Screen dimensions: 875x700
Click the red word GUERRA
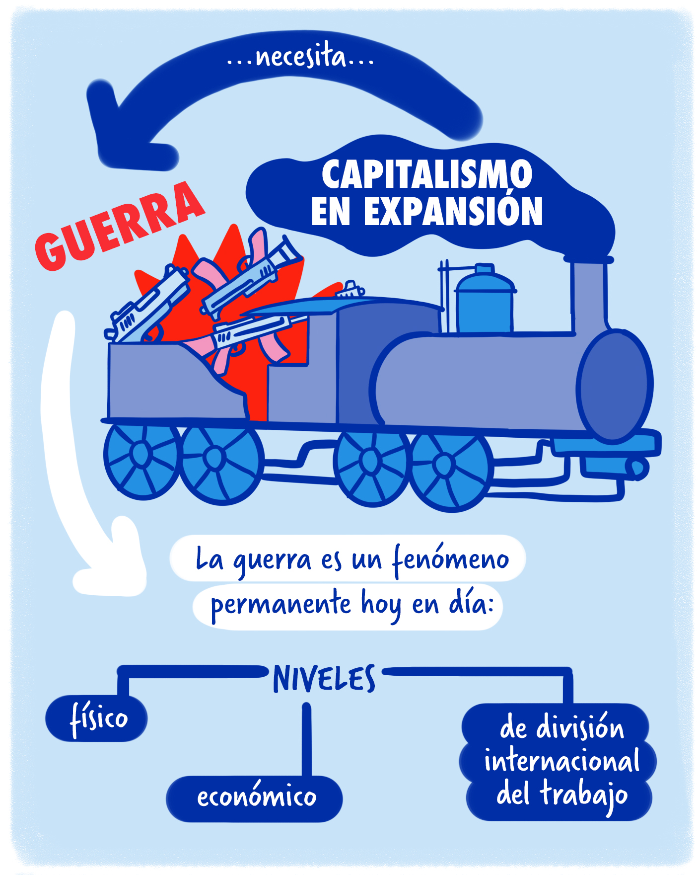(119, 226)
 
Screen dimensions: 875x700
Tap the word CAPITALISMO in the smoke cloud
(427, 174)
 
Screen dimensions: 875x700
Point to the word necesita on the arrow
(300, 57)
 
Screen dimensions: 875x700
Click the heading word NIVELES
(324, 679)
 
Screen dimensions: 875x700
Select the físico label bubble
(97, 718)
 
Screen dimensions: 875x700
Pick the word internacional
(561, 761)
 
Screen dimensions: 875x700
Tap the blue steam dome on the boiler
(485, 301)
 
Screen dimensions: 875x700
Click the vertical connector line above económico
(306, 740)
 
